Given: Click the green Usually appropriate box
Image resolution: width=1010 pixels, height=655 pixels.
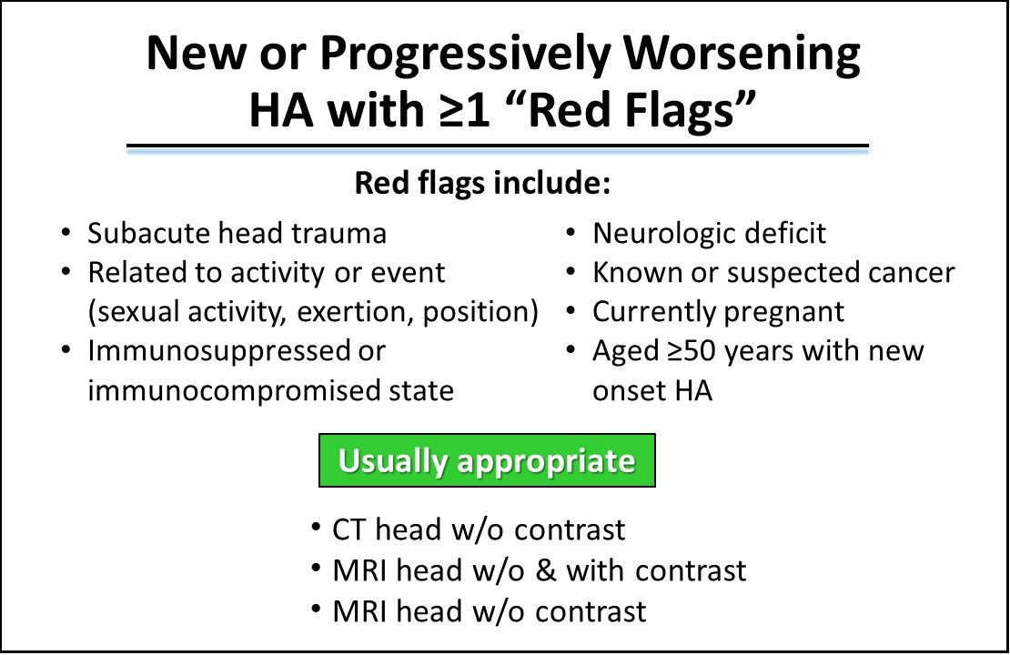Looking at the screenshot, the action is pos(487,460).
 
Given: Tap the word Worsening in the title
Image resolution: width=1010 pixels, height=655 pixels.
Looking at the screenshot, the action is pos(742,55).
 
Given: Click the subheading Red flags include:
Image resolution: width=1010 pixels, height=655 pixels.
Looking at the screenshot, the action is pos(482,183).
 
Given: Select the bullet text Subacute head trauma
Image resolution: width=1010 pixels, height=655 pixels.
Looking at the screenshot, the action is pos(237,233).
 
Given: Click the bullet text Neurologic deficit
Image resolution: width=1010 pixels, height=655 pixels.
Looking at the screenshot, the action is pos(709,233).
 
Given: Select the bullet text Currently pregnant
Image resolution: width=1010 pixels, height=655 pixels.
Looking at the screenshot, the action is pos(718,313).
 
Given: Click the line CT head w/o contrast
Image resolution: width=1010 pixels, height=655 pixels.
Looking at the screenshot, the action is pos(479,530).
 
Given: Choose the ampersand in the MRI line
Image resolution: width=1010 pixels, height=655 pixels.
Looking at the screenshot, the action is pos(546,570).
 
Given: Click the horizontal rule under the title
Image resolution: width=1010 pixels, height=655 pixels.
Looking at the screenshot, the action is pos(498,147).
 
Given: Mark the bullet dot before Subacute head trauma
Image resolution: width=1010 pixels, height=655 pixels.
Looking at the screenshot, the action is pos(66,232).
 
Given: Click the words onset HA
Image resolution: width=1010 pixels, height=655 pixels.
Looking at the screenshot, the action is pos(652,391).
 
